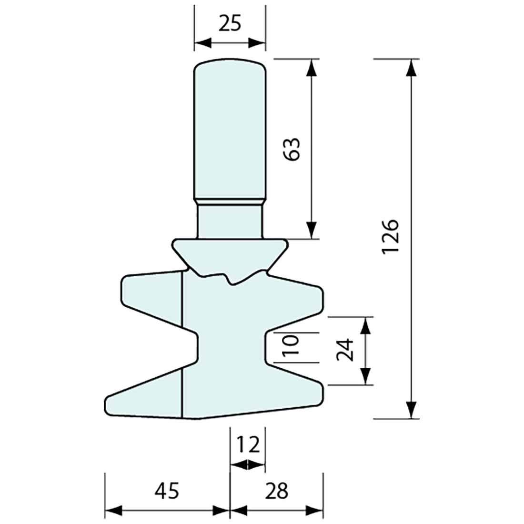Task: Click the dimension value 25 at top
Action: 230,22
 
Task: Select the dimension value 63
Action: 292,149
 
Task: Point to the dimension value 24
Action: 344,350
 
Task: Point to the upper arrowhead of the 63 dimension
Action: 312,67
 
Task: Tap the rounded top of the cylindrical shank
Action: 230,63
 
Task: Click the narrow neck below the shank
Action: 230,222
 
